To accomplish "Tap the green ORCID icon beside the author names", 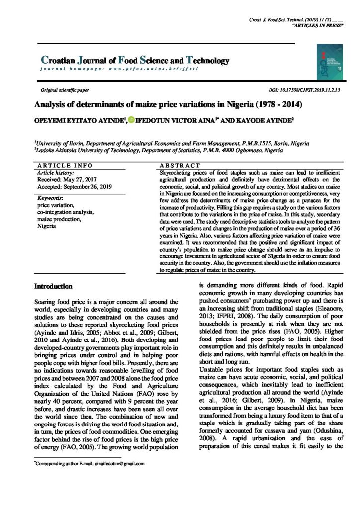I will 131,120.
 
